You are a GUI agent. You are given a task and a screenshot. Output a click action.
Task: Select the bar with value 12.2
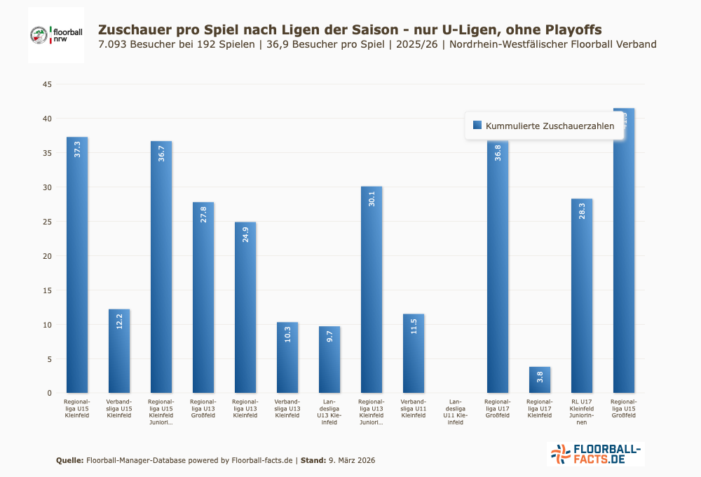[119, 351]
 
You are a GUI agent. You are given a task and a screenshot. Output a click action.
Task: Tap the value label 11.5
[414, 327]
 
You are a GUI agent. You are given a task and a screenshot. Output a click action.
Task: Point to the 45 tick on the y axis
[48, 85]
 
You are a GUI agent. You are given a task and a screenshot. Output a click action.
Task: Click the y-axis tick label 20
[48, 256]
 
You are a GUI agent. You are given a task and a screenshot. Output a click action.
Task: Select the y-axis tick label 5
[49, 359]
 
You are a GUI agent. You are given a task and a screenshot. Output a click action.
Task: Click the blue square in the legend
[477, 125]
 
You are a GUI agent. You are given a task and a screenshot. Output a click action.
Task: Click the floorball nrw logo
[56, 34]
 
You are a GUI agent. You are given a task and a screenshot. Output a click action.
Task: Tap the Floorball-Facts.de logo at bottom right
[595, 454]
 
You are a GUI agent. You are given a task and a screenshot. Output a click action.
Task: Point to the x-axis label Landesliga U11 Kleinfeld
[456, 412]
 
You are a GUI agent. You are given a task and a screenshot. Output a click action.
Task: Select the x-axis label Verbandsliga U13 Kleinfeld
[287, 408]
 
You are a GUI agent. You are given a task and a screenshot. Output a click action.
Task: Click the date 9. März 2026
[351, 461]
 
